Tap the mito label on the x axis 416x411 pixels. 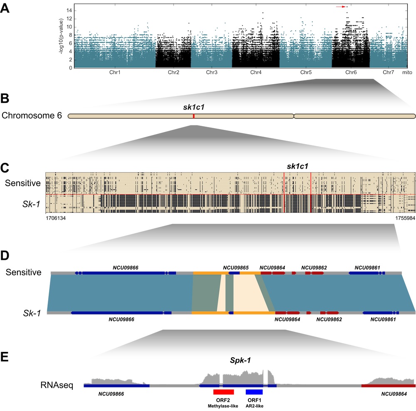coord(407,72)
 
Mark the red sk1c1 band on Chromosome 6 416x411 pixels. coord(193,116)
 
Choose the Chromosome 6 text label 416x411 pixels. coord(32,116)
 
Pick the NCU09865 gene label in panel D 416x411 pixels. coord(235,267)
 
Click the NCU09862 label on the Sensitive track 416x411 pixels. coord(314,267)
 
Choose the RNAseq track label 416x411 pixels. coord(57,385)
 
